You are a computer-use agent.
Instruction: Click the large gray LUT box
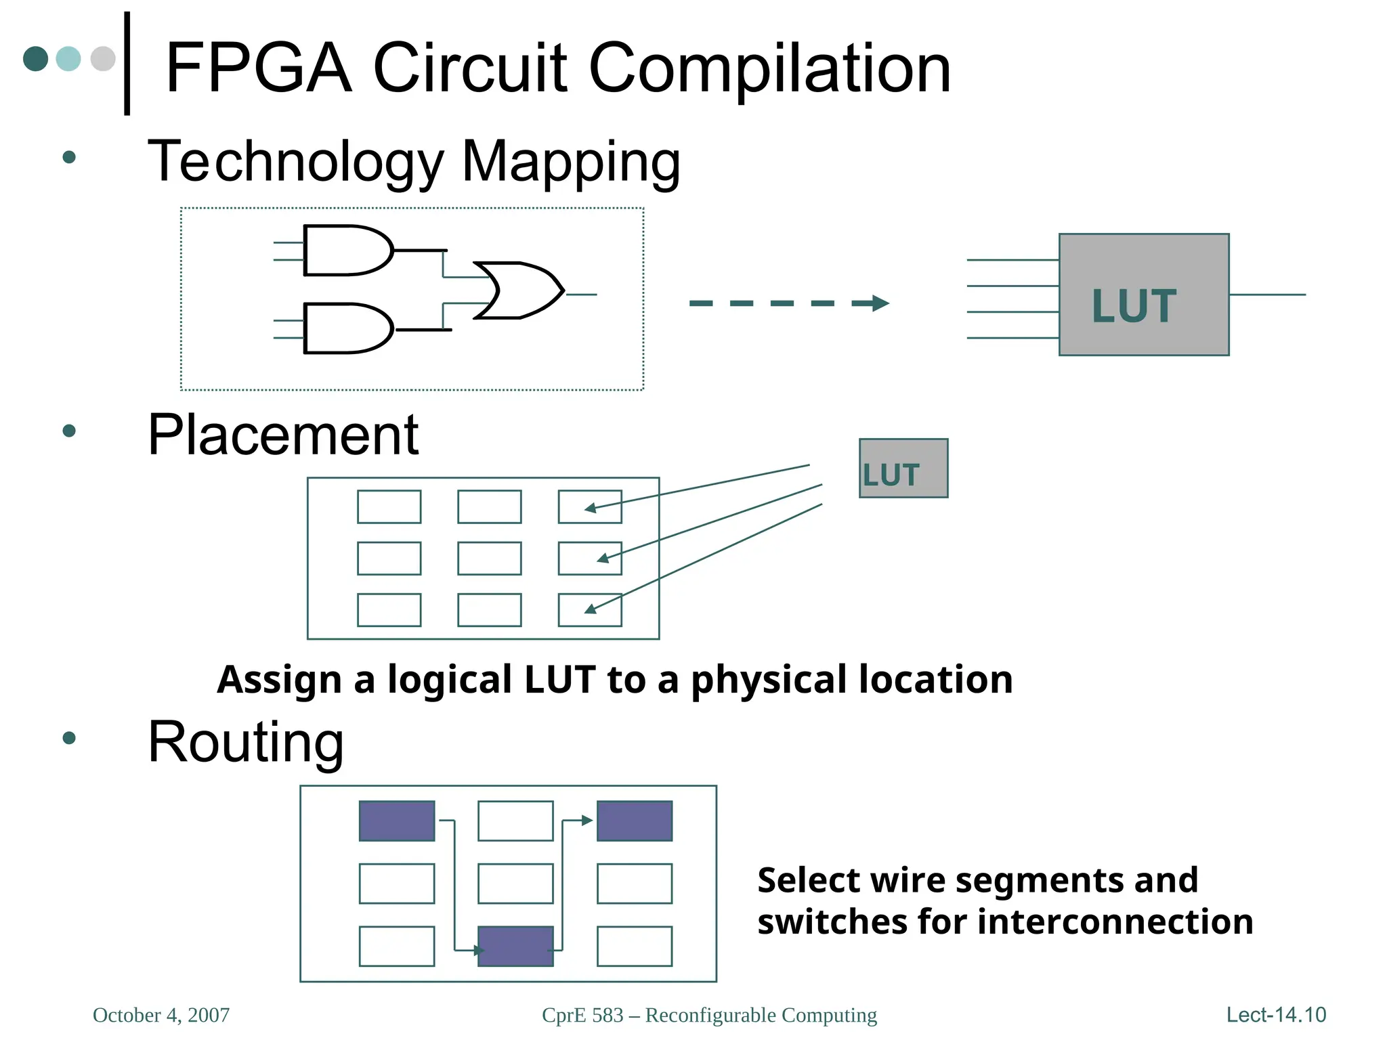pos(1143,295)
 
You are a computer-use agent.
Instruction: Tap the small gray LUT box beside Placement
pos(903,469)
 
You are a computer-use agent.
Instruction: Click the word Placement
pos(283,435)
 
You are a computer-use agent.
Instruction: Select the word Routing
pos(246,743)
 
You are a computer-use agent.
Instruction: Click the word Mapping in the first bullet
pos(570,162)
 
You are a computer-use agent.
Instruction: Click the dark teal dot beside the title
pos(35,59)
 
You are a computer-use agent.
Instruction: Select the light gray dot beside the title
pos(103,59)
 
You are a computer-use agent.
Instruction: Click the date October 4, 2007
pos(161,1015)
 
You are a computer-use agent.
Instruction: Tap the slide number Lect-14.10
pos(1275,1015)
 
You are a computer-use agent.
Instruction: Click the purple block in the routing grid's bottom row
pos(515,946)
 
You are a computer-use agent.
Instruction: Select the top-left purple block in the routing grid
pos(397,821)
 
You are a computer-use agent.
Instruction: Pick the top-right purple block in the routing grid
pos(634,821)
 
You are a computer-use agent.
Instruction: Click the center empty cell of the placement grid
pos(489,559)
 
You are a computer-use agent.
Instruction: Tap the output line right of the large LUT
pos(1266,295)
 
